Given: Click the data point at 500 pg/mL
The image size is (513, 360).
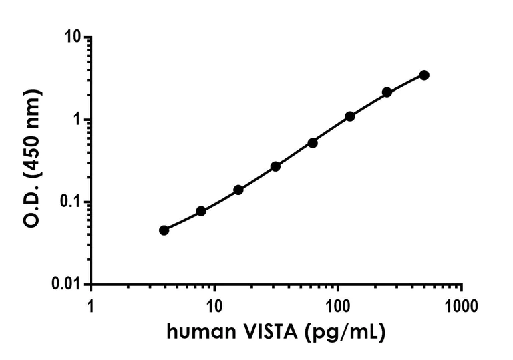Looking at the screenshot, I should (424, 75).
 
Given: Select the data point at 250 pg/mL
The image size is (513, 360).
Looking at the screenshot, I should (387, 92).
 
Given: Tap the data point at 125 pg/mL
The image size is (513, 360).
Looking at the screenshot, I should (349, 116).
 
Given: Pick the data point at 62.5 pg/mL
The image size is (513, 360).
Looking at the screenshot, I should (313, 143).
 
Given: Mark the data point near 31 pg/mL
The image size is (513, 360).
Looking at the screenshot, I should (275, 166).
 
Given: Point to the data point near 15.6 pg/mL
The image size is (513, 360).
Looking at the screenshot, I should (238, 190).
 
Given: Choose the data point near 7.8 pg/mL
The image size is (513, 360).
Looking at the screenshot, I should (201, 211).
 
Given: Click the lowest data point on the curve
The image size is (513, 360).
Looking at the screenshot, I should (164, 230).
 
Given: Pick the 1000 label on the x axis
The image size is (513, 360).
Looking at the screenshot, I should (461, 307).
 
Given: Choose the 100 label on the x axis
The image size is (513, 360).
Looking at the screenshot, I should (338, 307).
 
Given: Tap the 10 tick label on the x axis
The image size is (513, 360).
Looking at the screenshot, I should (214, 307).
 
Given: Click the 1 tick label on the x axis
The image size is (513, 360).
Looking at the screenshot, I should (92, 307).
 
